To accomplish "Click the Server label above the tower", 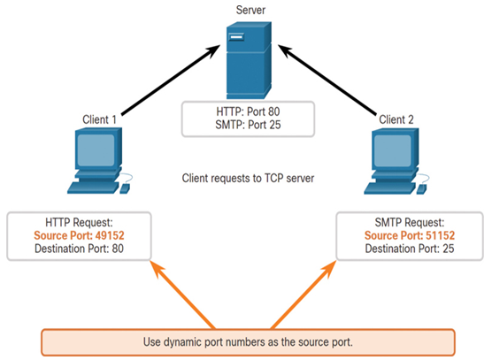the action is coord(250,10).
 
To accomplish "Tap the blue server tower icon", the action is coord(249,60).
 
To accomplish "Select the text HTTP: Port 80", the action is coord(248,111).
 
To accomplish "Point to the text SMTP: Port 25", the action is coord(248,125).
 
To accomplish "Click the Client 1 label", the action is coord(99,119).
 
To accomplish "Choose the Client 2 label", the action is coord(396,119).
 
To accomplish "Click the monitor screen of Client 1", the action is coord(96,150).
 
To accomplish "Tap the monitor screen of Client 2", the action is coord(393,151).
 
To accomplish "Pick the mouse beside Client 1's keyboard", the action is coord(125,188).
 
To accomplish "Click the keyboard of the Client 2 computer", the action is coord(389,188).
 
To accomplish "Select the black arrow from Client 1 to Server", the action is coord(171,80).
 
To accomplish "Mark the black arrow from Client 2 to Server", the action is coord(327,80).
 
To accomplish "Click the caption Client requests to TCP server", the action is coord(248,178).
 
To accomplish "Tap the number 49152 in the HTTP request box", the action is coord(110,235).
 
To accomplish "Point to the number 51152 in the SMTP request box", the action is coord(440,235).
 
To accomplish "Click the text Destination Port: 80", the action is coord(79,249).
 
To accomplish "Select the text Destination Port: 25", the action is coord(410,249).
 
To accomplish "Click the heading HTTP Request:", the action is coord(79,222).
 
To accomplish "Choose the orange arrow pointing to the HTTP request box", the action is coord(183,295).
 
